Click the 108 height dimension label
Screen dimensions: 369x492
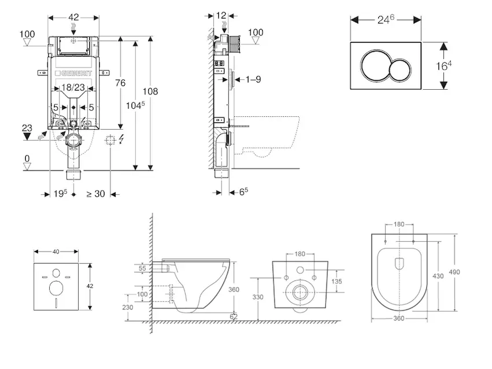pyautogui.click(x=151, y=92)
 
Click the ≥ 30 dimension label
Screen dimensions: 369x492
pyautogui.click(x=95, y=194)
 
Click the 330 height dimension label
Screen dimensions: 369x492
pyautogui.click(x=258, y=297)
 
